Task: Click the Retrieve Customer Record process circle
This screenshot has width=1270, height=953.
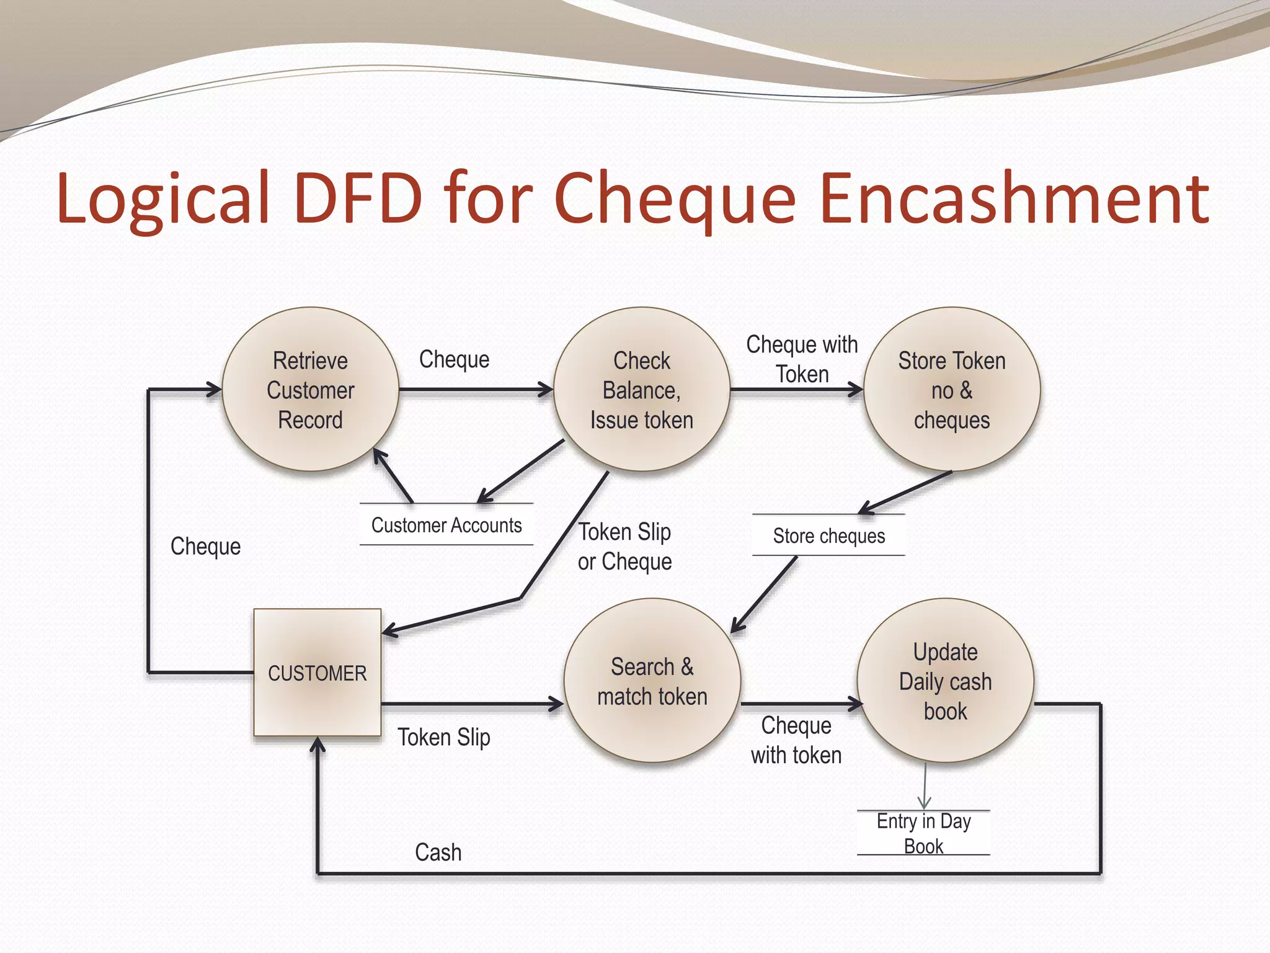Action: tap(310, 390)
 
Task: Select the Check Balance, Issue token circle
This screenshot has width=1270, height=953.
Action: tap(642, 390)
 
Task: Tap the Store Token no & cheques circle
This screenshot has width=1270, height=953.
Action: tap(952, 390)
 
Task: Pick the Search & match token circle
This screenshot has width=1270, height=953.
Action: tap(652, 681)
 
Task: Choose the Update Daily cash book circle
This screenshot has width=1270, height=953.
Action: tap(945, 681)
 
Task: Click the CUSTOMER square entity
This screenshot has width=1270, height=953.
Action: tap(317, 673)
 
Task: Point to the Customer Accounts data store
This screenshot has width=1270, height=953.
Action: tap(446, 525)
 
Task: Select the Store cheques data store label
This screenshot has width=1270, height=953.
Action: tap(828, 535)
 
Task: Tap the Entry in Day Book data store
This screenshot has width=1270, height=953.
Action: tap(923, 833)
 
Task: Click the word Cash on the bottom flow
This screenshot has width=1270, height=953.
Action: tap(438, 852)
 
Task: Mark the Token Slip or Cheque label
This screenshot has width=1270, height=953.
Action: tap(625, 547)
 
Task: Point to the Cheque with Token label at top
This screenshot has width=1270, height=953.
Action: tap(802, 359)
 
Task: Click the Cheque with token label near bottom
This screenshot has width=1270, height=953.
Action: tap(796, 740)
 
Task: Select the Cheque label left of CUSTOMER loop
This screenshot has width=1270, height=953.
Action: tap(205, 547)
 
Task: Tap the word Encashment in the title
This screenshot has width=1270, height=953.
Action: tap(1013, 199)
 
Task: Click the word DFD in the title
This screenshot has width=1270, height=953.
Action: tap(359, 199)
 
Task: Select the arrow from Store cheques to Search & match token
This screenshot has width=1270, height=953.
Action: tap(765, 594)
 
